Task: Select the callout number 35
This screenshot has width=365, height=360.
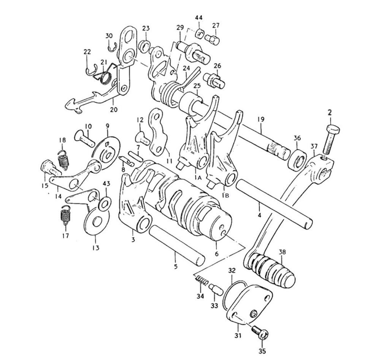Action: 262,351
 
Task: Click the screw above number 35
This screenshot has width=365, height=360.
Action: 260,332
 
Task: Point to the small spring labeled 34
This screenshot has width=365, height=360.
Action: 202,280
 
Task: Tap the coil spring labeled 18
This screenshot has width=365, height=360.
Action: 63,159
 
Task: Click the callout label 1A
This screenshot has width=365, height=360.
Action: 198,178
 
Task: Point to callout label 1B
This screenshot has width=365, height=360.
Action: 225,195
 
